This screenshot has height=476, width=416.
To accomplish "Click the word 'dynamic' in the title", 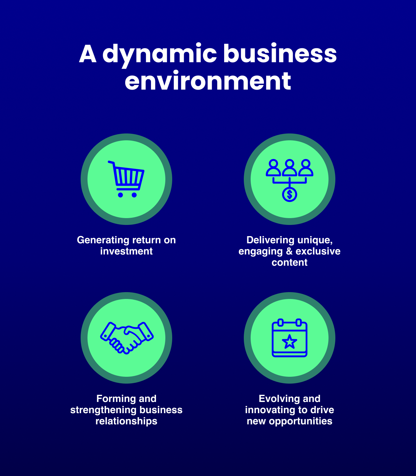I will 159,54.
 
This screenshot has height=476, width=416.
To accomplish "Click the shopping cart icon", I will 126,179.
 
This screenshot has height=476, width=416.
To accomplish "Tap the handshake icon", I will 127,338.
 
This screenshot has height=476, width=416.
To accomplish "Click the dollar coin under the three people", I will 290,195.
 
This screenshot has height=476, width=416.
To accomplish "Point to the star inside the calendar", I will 290,342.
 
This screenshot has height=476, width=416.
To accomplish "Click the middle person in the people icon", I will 290,168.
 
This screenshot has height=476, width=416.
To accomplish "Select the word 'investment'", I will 126,251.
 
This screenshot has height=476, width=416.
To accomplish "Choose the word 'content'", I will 290,263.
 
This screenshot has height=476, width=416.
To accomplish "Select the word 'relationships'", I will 126,421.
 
